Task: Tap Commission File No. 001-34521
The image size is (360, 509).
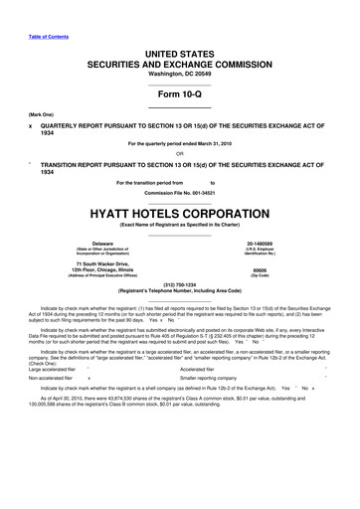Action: (x=179, y=193)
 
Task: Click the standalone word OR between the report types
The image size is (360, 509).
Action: (x=179, y=152)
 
